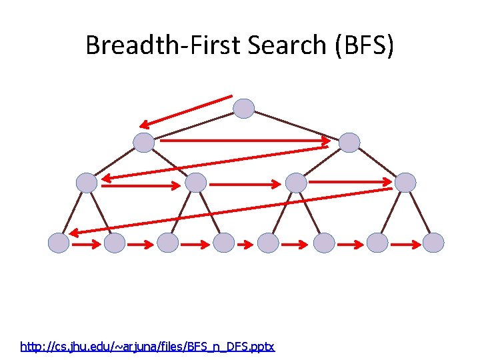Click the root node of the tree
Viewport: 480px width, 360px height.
point(245,109)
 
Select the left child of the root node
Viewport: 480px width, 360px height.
point(144,143)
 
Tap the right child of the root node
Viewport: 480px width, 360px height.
point(349,143)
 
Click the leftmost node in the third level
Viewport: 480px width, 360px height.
point(87,183)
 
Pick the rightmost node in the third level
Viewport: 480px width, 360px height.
point(405,183)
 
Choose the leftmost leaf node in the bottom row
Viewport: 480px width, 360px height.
point(59,243)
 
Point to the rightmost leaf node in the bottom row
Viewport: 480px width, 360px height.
point(433,243)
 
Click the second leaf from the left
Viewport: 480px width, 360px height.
point(115,243)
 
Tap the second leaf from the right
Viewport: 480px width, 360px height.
point(377,243)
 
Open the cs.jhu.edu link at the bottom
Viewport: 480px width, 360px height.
point(147,347)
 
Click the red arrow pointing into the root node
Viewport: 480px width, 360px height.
point(187,111)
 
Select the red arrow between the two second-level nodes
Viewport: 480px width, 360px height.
point(245,141)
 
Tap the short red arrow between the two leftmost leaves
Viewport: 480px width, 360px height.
point(87,245)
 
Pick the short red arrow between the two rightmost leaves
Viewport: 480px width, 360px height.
point(405,245)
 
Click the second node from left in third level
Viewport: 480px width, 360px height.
point(196,183)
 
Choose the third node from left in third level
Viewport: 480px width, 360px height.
point(296,183)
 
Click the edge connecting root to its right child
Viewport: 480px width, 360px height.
point(297,125)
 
